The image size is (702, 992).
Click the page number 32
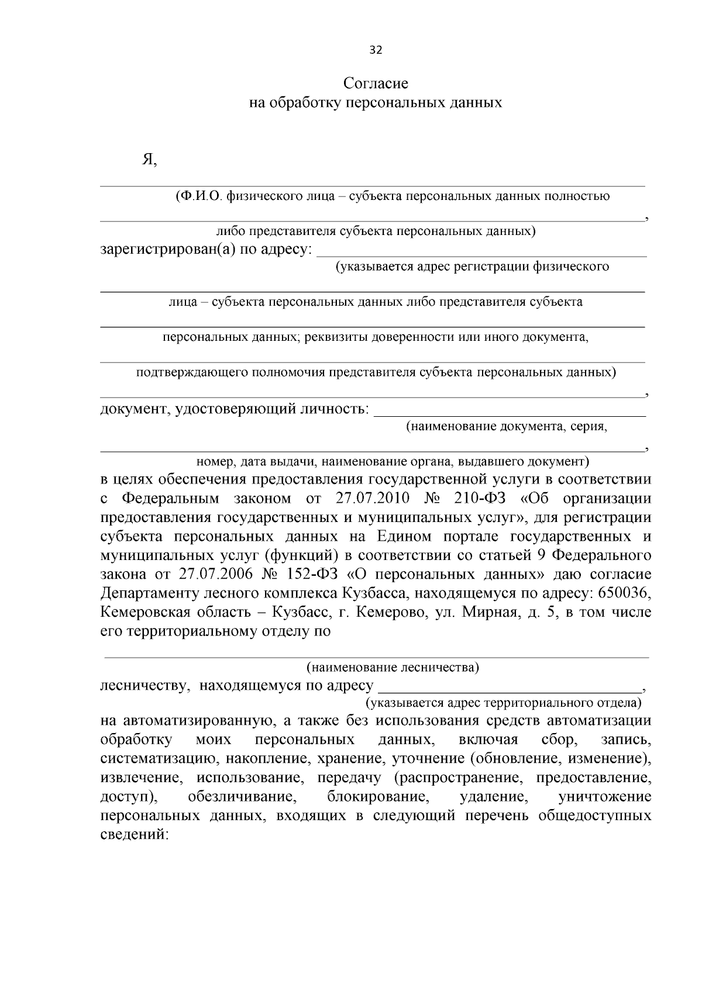(376, 50)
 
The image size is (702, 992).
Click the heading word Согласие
(376, 83)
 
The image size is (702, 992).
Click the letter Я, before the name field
(149, 160)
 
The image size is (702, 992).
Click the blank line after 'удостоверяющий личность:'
(509, 410)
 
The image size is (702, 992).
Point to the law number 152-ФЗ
(315, 574)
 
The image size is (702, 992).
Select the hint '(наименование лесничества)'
(393, 668)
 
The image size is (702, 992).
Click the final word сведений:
(135, 835)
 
